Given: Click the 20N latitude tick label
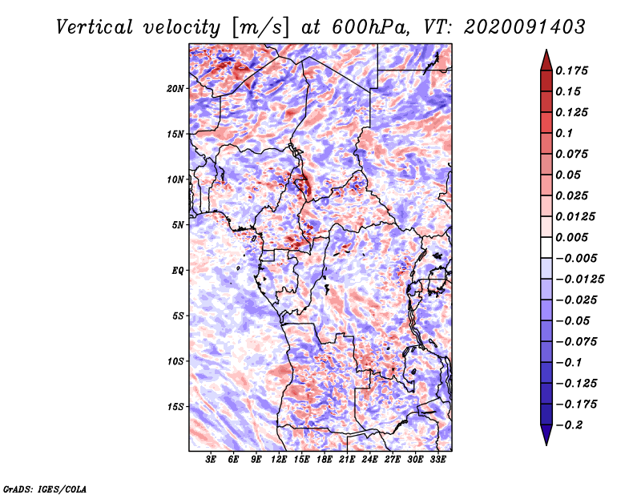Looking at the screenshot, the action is [175, 89].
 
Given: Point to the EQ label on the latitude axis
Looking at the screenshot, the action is [178, 271].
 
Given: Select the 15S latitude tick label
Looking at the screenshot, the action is [175, 407].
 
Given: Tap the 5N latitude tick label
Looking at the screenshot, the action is [178, 225].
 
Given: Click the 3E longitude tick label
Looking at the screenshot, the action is [211, 459].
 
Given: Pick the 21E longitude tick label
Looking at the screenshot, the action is [347, 459].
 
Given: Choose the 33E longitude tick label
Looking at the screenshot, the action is [437, 459].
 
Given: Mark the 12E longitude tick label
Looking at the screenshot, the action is [278, 459].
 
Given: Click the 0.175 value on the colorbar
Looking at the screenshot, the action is [571, 70].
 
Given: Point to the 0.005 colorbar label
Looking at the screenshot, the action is [571, 237].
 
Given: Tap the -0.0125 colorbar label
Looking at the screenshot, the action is [579, 280].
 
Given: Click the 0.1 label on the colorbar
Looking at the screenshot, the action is [564, 133].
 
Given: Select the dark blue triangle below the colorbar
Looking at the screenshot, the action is [546, 435].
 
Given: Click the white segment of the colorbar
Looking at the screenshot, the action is [546, 247].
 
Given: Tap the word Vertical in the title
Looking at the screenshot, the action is [95, 27].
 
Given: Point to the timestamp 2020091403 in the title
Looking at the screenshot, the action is [525, 27].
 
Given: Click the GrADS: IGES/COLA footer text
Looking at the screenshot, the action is [45, 489].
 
